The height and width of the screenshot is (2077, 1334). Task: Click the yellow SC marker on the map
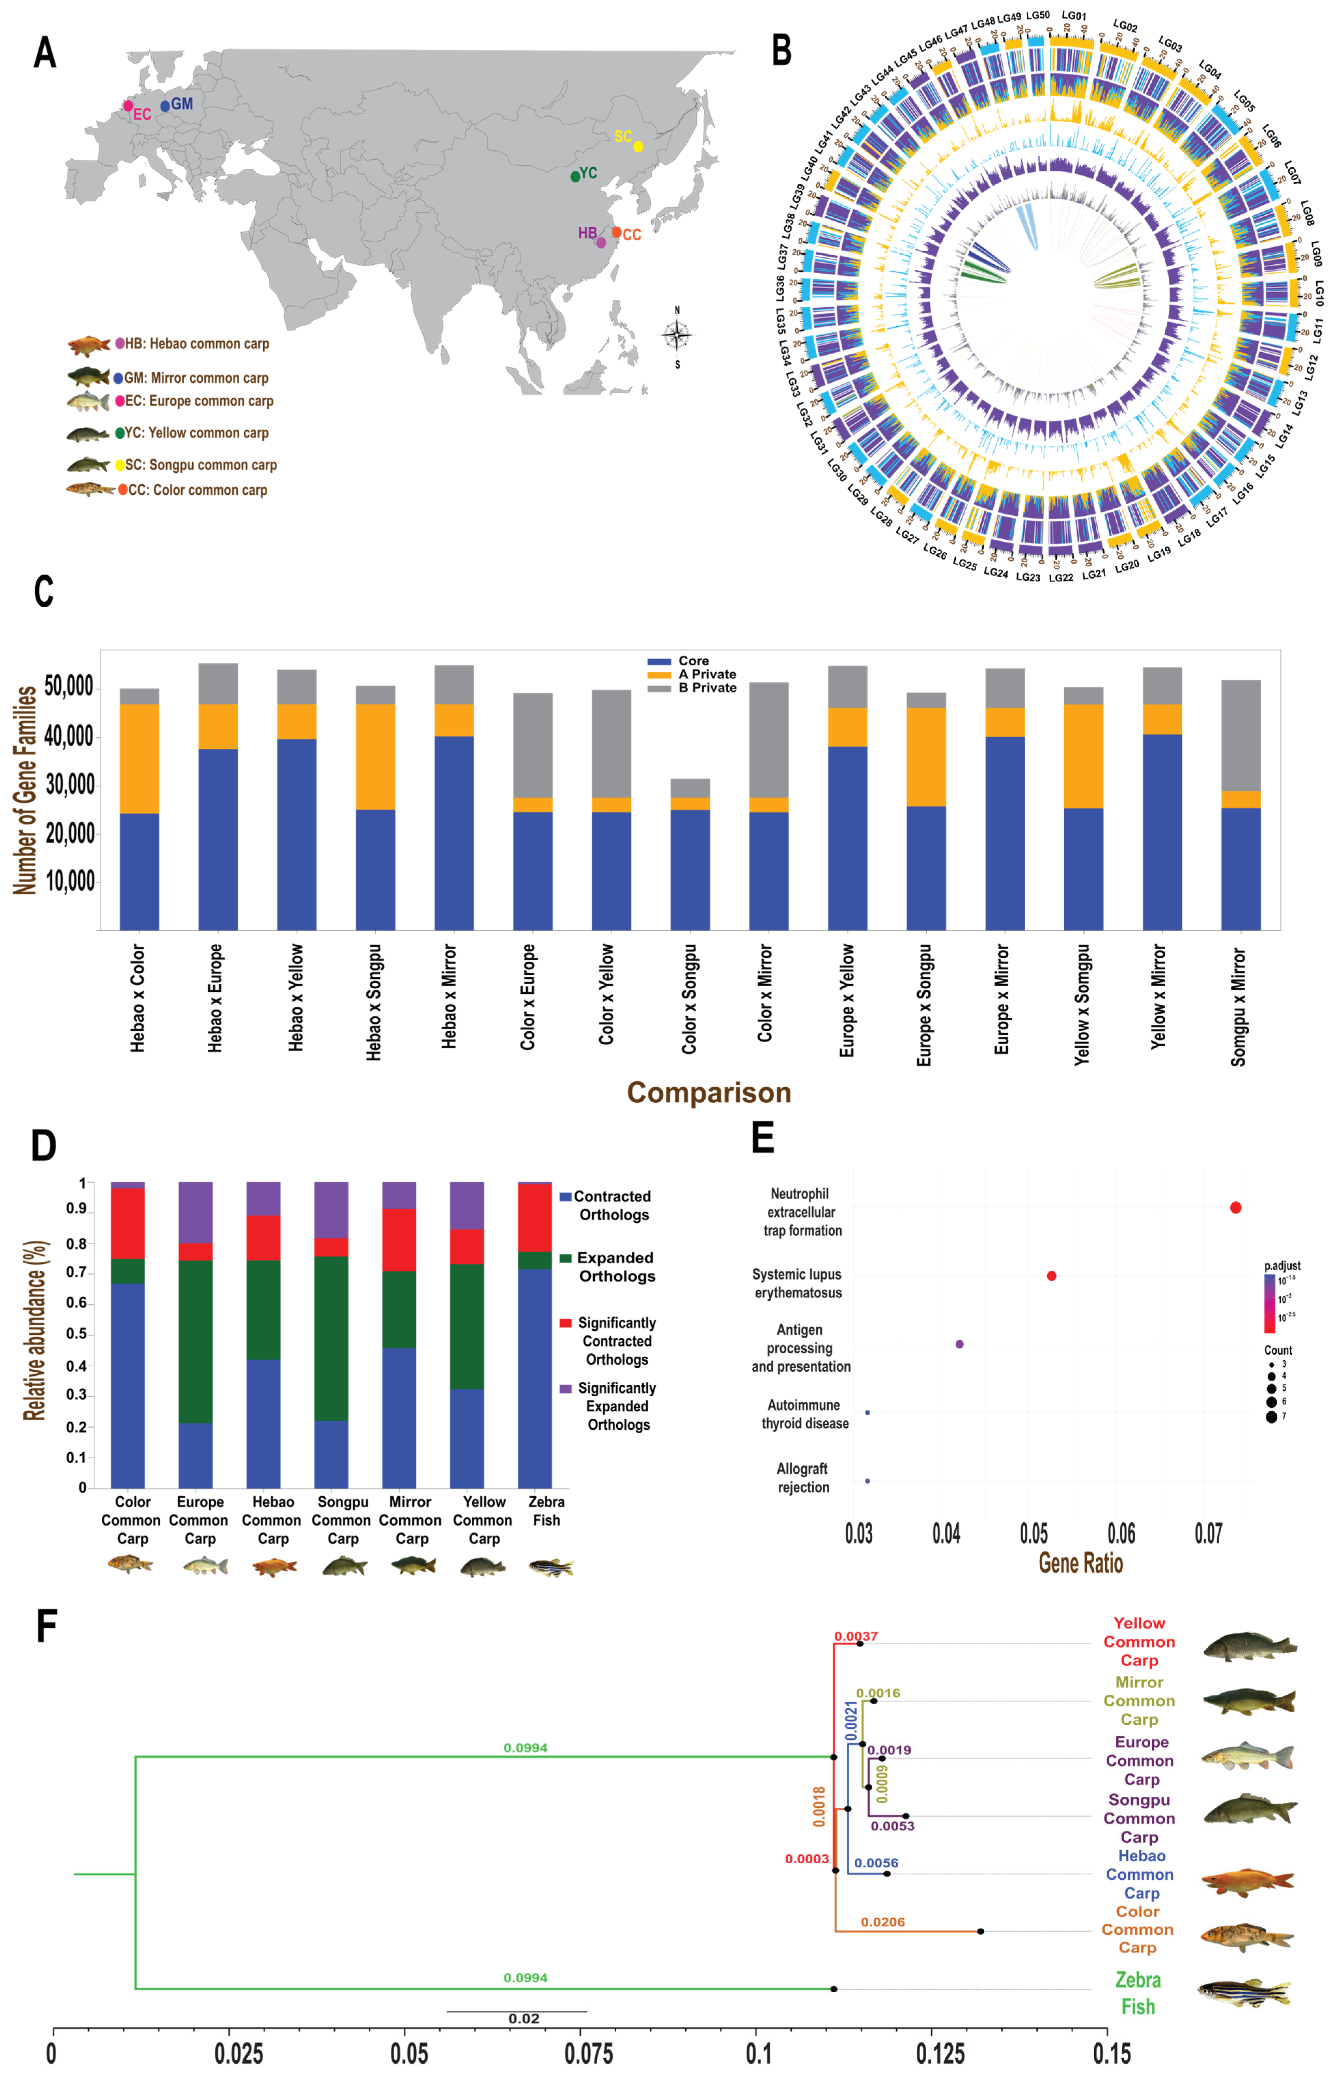638,146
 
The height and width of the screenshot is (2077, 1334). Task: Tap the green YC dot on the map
575,177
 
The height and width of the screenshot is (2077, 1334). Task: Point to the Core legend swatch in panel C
658,661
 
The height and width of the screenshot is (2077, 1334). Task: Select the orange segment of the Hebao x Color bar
139,759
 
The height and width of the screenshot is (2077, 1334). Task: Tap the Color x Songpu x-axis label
689,999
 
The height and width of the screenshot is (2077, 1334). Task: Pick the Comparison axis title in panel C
708,1092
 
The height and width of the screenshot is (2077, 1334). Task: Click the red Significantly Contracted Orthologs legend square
566,1323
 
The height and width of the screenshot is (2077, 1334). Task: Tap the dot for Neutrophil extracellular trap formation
1235,1207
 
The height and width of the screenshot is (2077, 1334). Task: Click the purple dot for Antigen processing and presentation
959,1344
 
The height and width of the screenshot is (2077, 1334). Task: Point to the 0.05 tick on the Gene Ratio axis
1034,1534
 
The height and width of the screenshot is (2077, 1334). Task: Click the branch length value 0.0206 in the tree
883,1922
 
